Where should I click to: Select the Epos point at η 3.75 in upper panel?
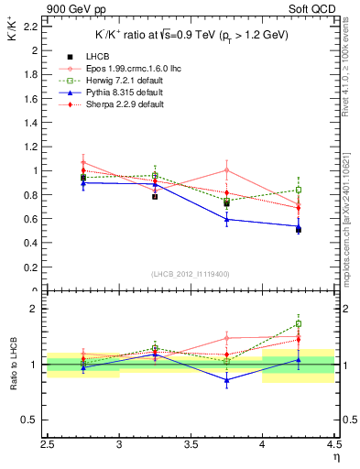coord(227,169)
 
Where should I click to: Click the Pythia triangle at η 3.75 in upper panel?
coord(227,219)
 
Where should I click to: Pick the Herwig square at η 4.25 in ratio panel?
coord(299,323)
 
